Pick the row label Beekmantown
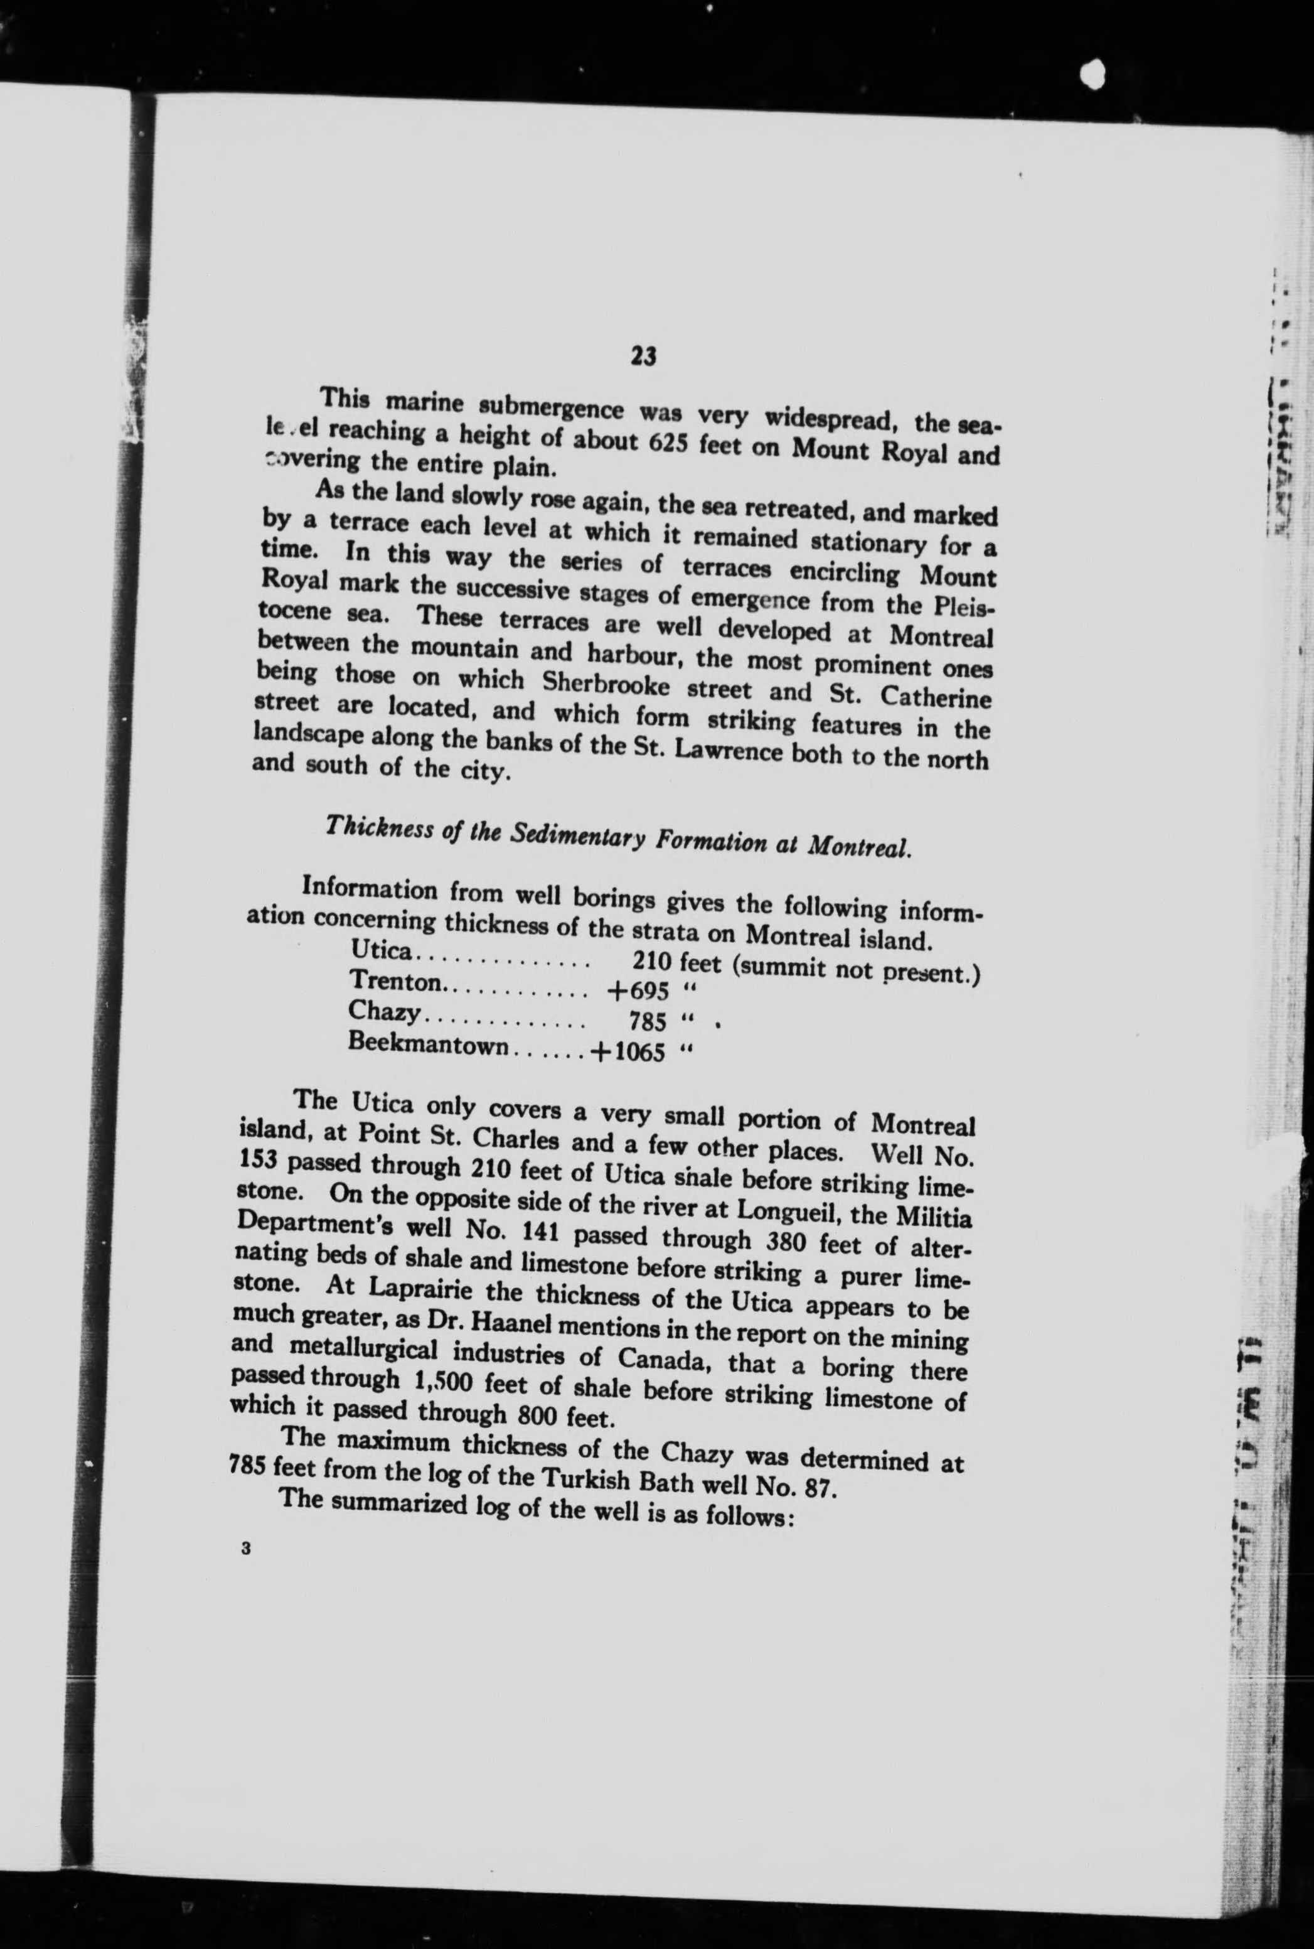pyautogui.click(x=427, y=1045)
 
